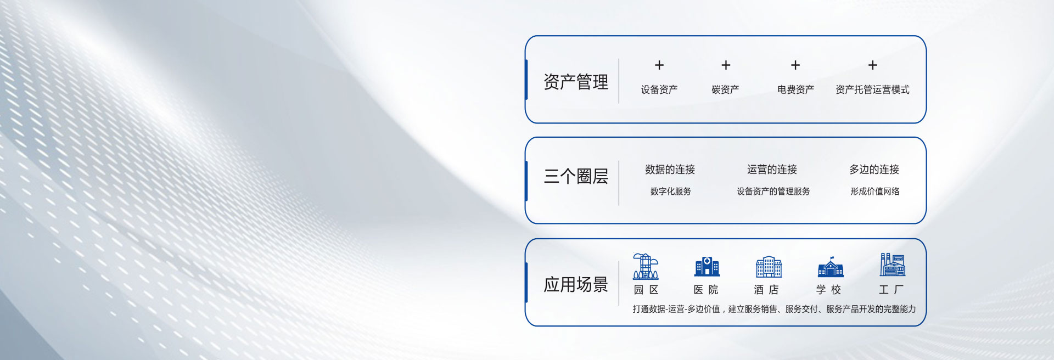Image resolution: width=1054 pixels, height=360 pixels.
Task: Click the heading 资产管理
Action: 576,82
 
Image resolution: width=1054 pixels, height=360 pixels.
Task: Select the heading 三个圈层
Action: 576,176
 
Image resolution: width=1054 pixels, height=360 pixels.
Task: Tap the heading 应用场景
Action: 576,284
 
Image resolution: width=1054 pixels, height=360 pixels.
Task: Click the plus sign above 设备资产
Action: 659,65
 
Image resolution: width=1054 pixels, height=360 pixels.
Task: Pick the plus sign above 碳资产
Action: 726,65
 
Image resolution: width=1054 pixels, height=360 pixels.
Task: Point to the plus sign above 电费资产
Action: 795,65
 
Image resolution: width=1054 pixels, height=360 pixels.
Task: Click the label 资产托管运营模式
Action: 872,89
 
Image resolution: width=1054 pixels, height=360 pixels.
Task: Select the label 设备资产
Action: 659,89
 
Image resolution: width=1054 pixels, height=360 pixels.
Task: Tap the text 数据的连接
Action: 670,170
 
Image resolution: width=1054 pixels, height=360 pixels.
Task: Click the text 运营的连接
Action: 772,170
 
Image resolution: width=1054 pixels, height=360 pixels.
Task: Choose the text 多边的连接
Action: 874,170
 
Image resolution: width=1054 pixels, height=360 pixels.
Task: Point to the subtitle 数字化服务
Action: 671,192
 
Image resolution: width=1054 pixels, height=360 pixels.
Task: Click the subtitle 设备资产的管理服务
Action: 773,192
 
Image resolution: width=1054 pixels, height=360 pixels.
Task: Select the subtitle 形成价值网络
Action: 875,192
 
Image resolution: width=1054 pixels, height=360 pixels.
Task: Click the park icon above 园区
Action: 646,266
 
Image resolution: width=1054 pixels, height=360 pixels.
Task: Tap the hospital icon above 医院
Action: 707,266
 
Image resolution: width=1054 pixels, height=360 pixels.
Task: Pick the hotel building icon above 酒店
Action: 769,267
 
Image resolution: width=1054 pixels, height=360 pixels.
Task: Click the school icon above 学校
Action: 831,267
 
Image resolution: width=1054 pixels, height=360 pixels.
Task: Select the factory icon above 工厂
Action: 892,265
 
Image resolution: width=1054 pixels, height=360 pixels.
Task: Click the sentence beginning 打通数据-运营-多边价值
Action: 774,309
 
